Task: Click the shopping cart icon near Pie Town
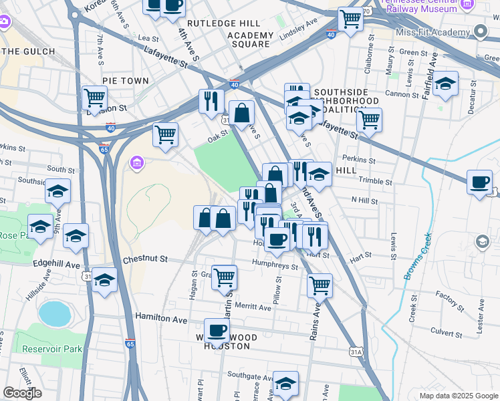(x=94, y=98)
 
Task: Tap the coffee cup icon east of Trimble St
(x=479, y=182)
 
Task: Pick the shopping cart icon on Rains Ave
(x=320, y=285)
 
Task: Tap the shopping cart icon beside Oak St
(x=165, y=134)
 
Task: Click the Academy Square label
(x=251, y=39)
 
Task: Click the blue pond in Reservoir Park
(x=54, y=313)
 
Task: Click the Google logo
(x=22, y=393)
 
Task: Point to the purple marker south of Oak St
(x=137, y=162)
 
